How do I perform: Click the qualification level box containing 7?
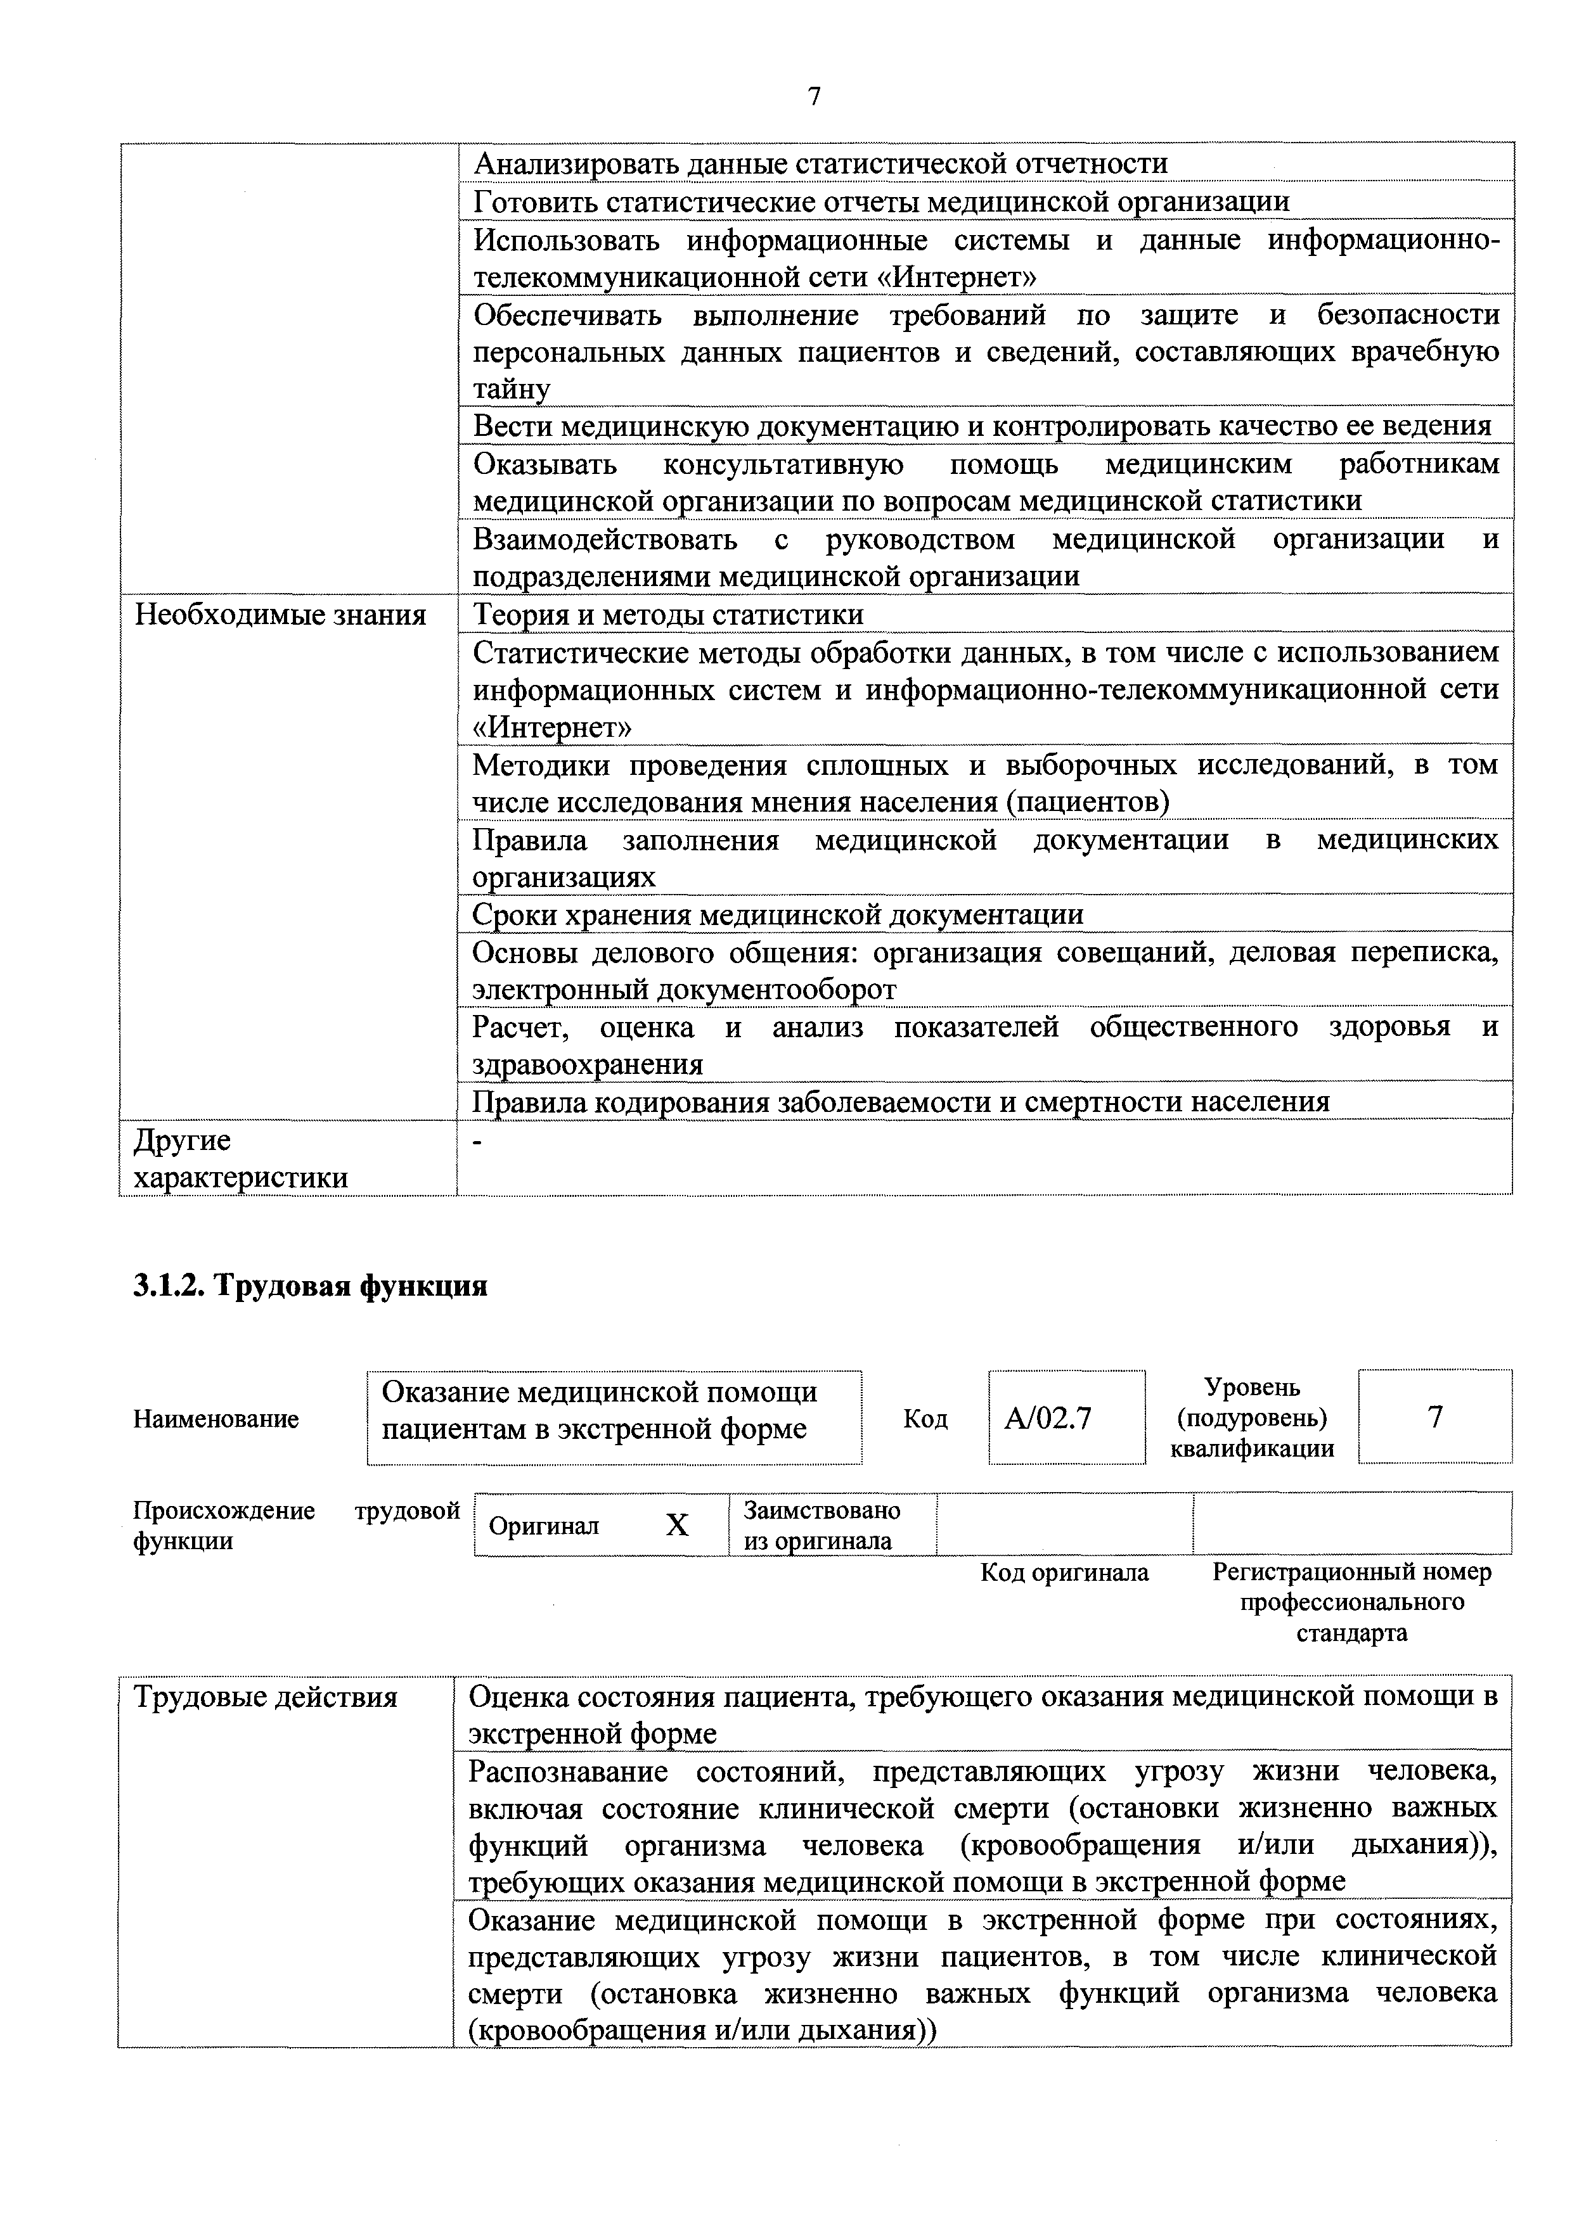(1434, 1417)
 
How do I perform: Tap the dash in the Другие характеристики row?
(476, 1142)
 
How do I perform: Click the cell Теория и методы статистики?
(668, 615)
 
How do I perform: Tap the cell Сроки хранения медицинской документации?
(777, 914)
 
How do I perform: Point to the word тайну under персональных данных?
(511, 389)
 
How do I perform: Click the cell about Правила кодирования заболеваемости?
(900, 1101)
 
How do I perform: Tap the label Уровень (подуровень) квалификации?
(1252, 1418)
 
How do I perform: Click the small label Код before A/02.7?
(925, 1419)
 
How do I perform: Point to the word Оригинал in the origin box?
(543, 1526)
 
